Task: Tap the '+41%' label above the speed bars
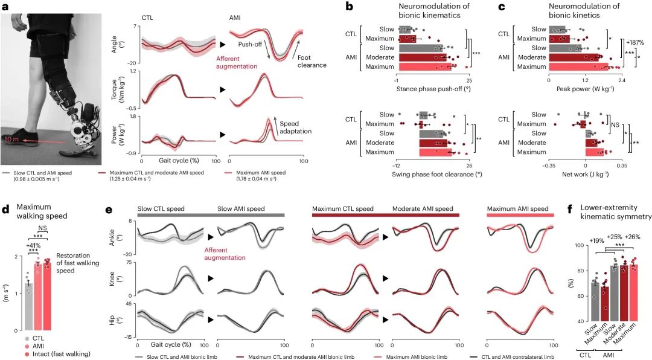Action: pos(33,246)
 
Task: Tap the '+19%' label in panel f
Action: pos(581,240)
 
